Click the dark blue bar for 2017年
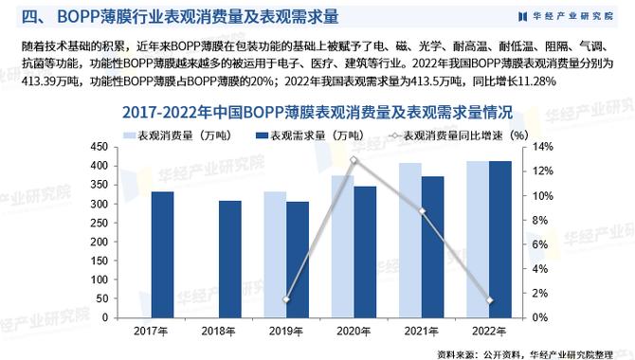pyautogui.click(x=163, y=255)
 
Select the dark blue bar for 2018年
pyautogui.click(x=230, y=260)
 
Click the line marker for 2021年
pyautogui.click(x=422, y=211)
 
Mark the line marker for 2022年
pyautogui.click(x=489, y=300)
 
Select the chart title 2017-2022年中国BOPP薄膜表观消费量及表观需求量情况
pyautogui.click(x=317, y=112)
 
